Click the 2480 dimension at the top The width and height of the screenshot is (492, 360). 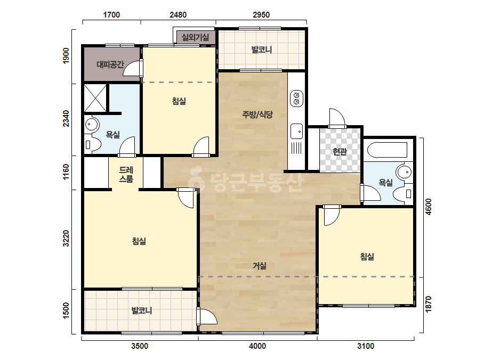coord(178,15)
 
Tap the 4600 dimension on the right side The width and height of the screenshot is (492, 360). coord(429,207)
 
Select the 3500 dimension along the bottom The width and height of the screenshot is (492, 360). coord(140,346)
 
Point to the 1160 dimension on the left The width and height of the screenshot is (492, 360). coord(66,172)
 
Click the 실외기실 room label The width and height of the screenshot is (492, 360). coord(195,38)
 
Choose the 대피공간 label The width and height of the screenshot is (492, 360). coord(110,64)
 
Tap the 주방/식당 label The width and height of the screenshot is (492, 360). coord(257,114)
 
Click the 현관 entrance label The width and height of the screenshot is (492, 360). coord(340,152)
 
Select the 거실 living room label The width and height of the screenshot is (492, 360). coord(260,266)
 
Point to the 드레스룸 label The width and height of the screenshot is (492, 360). coord(126,174)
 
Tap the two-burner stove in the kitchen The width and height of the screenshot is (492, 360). coord(296,98)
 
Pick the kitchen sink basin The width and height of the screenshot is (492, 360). coord(296,131)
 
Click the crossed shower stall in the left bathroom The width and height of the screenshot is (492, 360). coord(95,97)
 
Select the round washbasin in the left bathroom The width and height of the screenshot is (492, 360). coord(92,125)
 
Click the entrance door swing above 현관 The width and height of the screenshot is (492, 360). coord(337,118)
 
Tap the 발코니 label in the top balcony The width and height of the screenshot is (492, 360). coord(262,50)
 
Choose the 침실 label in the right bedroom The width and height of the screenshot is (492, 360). coord(367,257)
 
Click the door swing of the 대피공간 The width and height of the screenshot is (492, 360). coord(132,68)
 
